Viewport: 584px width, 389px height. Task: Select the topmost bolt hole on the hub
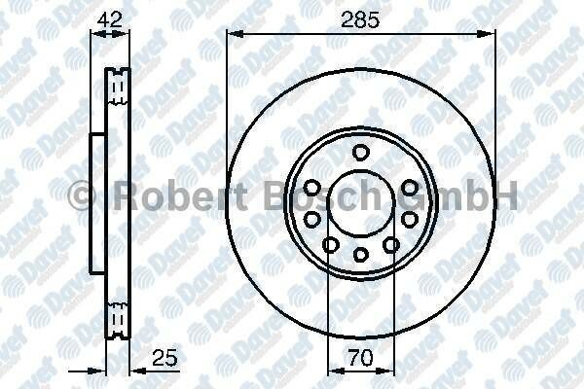point(361,151)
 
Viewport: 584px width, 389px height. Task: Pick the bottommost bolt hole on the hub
point(361,255)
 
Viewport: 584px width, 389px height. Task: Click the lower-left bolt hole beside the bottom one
point(331,244)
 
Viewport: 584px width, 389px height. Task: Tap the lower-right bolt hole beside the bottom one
point(391,244)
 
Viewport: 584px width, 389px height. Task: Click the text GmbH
point(477,199)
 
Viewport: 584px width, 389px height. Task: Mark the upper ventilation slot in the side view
point(119,87)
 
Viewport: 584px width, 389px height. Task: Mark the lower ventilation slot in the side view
point(119,316)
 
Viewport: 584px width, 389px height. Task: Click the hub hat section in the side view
point(96,201)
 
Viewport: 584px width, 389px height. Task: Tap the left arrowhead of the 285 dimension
point(233,32)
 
